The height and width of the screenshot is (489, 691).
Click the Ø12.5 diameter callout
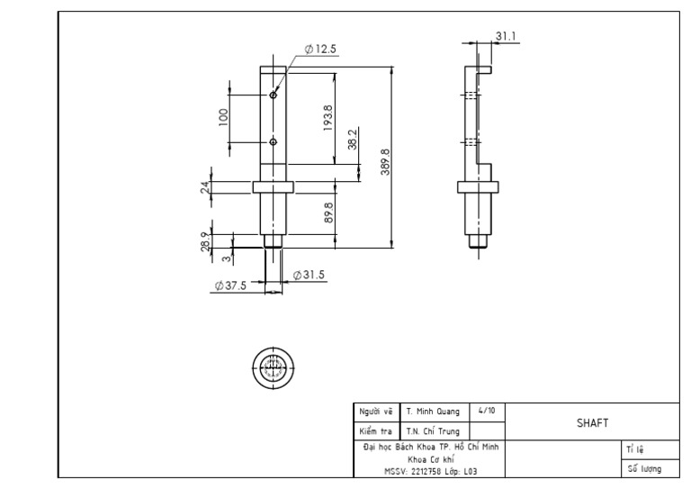pyautogui.click(x=320, y=50)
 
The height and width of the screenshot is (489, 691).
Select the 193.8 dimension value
pyautogui.click(x=328, y=116)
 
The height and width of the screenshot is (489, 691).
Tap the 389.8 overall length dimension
pyautogui.click(x=385, y=163)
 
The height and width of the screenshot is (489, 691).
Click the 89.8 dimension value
pyautogui.click(x=328, y=213)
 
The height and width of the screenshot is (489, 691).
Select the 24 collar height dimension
pyautogui.click(x=205, y=186)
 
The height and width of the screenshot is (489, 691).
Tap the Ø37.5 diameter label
pyautogui.click(x=231, y=285)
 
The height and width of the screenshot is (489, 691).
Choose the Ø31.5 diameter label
pyautogui.click(x=309, y=276)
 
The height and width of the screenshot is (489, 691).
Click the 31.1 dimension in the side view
pyautogui.click(x=506, y=36)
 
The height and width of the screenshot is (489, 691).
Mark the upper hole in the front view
pyautogui.click(x=273, y=95)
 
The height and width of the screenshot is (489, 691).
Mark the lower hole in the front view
pyautogui.click(x=273, y=142)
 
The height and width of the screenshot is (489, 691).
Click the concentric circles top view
pyautogui.click(x=273, y=367)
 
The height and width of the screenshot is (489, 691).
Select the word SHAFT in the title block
pyautogui.click(x=592, y=422)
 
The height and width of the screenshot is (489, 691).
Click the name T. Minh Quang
pyautogui.click(x=433, y=412)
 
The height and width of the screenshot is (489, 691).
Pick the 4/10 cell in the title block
pyautogui.click(x=487, y=411)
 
